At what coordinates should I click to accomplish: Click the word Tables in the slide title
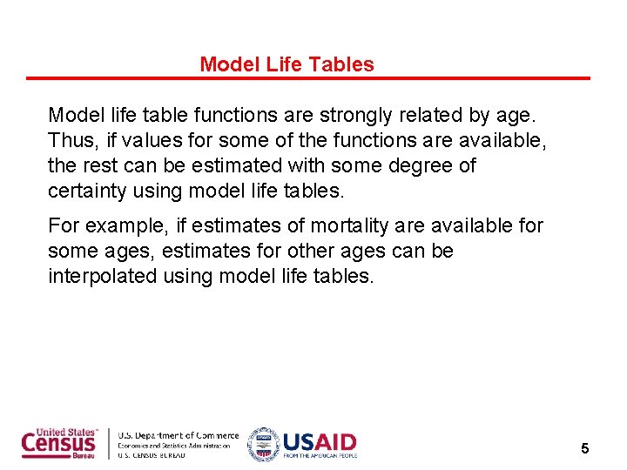tap(346, 64)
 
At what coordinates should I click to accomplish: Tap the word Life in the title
tap(280, 64)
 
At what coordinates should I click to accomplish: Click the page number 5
tap(585, 449)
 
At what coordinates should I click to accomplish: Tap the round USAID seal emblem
tap(262, 444)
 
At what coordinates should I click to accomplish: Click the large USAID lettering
tap(318, 441)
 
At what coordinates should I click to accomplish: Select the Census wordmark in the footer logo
tap(58, 444)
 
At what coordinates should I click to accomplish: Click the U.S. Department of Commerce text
tap(178, 435)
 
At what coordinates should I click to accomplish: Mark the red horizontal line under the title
tap(308, 78)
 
